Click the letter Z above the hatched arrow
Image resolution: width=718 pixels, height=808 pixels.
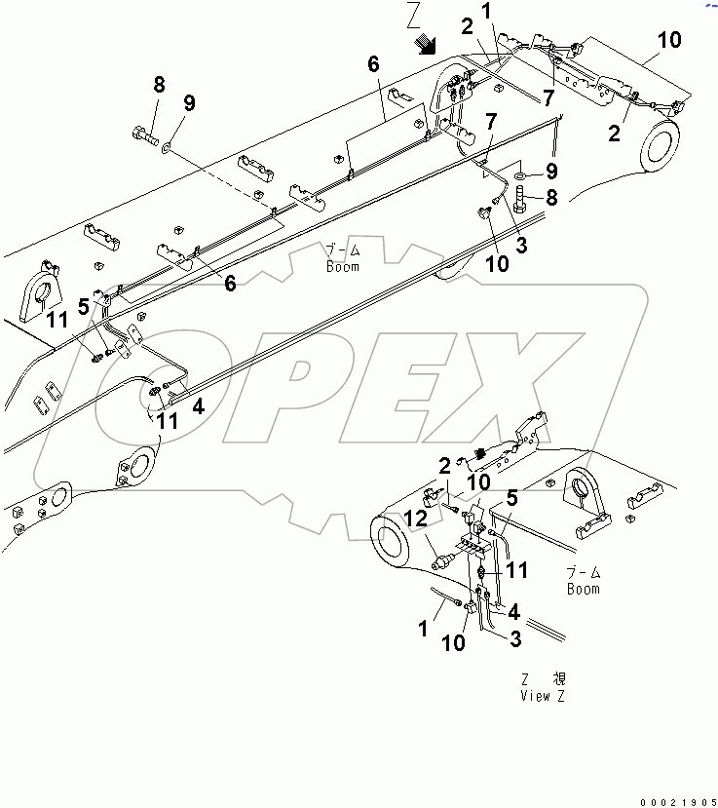click(x=413, y=15)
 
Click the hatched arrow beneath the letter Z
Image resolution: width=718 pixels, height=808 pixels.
click(x=425, y=44)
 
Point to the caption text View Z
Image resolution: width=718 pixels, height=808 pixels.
click(x=548, y=695)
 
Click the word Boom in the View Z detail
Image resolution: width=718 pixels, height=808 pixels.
click(x=583, y=589)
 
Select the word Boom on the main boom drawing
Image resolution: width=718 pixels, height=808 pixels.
click(x=342, y=266)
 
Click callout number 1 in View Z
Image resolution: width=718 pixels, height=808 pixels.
click(x=423, y=630)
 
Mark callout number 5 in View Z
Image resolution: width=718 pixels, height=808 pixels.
click(x=510, y=496)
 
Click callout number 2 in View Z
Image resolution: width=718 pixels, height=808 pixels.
click(x=444, y=466)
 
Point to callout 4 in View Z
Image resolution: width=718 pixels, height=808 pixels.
click(x=512, y=613)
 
